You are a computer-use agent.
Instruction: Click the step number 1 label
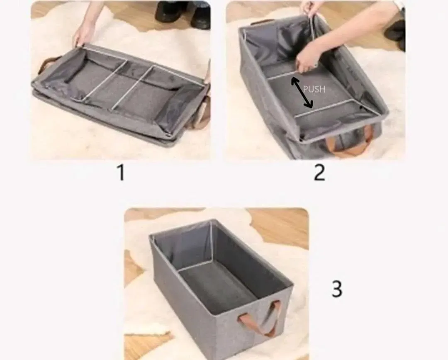tap(122, 173)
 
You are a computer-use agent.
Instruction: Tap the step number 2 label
tap(319, 173)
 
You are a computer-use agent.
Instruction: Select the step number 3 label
tap(336, 289)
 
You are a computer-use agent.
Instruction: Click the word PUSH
tap(314, 90)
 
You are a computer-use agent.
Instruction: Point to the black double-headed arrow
tap(302, 93)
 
